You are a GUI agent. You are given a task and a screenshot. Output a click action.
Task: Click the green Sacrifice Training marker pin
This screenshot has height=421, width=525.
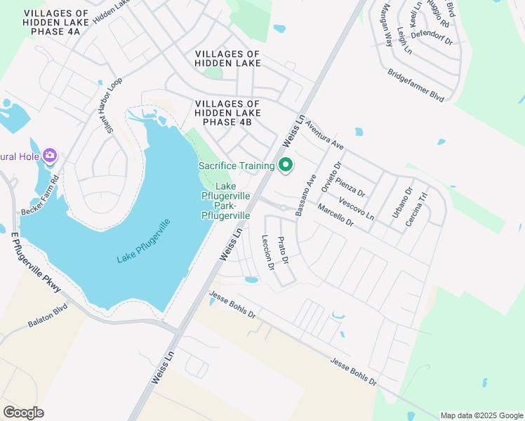coord(286,166)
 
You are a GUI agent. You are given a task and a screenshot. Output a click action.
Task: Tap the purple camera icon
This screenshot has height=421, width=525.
coord(50,155)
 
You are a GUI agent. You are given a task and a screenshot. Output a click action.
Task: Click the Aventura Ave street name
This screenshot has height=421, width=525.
coord(324,133)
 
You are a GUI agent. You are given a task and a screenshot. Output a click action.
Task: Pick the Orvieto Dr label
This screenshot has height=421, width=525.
coord(331,177)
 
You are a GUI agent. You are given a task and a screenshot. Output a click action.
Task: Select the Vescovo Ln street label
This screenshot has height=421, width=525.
coord(356,209)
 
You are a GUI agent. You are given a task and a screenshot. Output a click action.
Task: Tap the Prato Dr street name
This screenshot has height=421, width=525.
coord(284,250)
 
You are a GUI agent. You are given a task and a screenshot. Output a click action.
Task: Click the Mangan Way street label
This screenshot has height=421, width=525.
coord(385,25)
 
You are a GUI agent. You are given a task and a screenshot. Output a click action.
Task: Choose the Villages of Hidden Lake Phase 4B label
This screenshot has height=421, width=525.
coord(227,113)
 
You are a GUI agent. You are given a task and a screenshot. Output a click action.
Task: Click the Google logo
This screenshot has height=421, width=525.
coord(23,412)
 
